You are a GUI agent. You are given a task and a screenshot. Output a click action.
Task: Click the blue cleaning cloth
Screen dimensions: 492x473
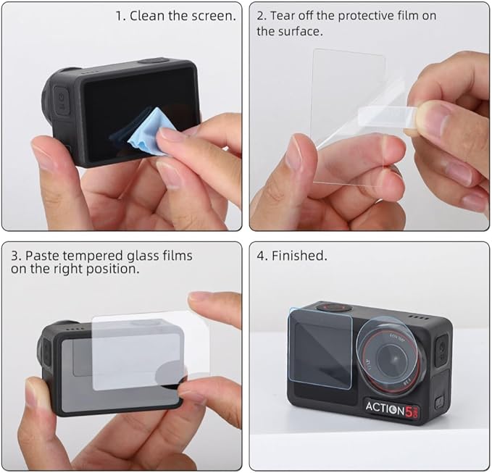point(148,133)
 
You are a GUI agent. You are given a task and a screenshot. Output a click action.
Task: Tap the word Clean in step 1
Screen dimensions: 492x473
point(147,16)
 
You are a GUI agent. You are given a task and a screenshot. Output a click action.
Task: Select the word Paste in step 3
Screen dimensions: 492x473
point(42,256)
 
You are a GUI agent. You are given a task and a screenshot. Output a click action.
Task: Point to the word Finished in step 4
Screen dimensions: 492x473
point(299,256)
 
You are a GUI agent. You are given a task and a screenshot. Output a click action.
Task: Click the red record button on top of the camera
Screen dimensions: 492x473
point(333,307)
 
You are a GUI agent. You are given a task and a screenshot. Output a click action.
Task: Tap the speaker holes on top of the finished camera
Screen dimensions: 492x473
point(420,317)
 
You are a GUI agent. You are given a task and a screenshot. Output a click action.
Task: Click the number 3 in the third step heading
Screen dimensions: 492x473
point(14,256)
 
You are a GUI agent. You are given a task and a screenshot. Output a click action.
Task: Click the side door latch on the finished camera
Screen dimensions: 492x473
point(438,401)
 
